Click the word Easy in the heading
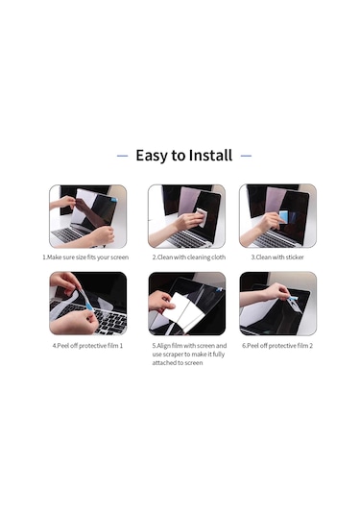tap(152, 156)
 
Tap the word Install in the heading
tap(210, 156)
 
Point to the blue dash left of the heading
tap(123, 156)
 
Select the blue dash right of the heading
tap(246, 156)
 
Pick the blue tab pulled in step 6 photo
tap(294, 298)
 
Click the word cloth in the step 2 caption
tap(219, 257)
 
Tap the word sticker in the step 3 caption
tap(295, 257)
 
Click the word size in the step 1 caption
tap(81, 257)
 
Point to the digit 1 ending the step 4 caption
tap(121, 346)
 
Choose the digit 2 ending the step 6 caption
tap(311, 346)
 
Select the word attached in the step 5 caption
tap(164, 363)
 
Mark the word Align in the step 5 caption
tap(163, 346)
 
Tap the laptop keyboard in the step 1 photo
tap(68, 234)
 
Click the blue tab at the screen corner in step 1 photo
tap(114, 199)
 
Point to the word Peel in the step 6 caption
tap(252, 346)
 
